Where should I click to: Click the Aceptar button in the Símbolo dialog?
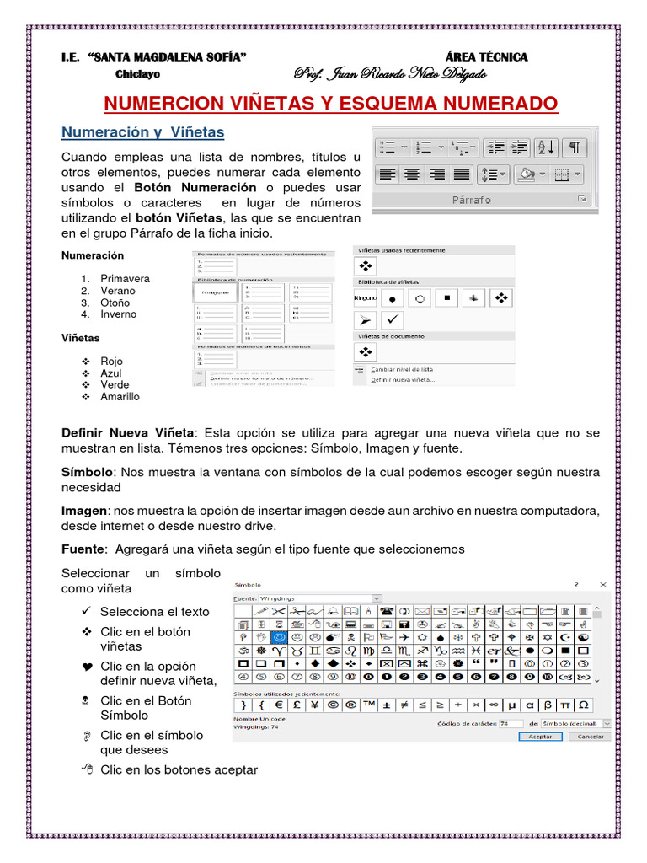click(x=539, y=736)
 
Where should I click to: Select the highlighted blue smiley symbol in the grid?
click(x=279, y=638)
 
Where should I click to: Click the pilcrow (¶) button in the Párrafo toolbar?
click(x=573, y=147)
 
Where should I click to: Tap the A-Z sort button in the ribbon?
click(x=545, y=147)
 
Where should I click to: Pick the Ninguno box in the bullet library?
click(x=365, y=298)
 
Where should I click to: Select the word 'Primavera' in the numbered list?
click(x=125, y=279)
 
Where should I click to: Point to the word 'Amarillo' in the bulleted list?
click(x=120, y=397)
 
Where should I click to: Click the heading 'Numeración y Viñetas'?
click(x=143, y=132)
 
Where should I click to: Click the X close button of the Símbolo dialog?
click(x=602, y=583)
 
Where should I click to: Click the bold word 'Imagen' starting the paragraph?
click(x=84, y=511)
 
